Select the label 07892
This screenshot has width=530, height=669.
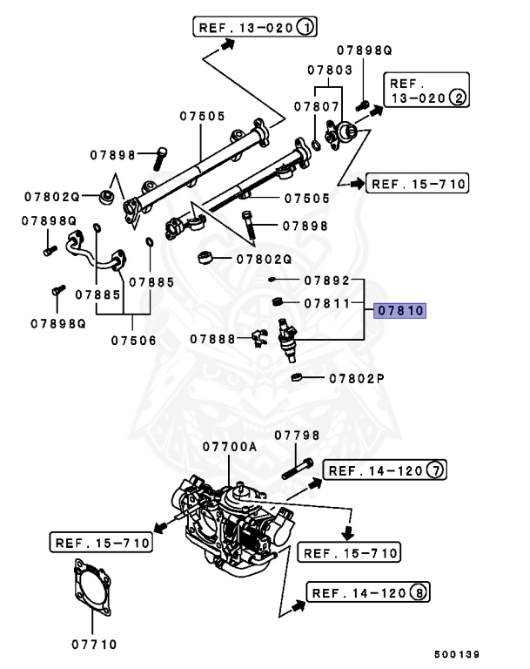[326, 280]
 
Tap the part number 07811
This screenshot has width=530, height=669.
[326, 304]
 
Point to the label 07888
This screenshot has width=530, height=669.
[213, 338]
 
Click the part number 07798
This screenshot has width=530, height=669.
[297, 436]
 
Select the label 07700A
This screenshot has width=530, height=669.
[230, 446]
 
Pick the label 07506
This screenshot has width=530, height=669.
[133, 340]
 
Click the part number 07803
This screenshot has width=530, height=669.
[329, 69]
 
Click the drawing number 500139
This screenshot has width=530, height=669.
[457, 654]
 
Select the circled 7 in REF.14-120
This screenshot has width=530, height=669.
[435, 471]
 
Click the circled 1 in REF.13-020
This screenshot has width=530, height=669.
[305, 27]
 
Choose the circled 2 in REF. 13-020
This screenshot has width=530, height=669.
[457, 98]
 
